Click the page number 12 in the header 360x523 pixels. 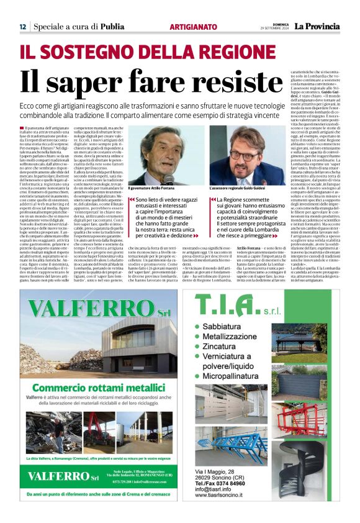22,27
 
